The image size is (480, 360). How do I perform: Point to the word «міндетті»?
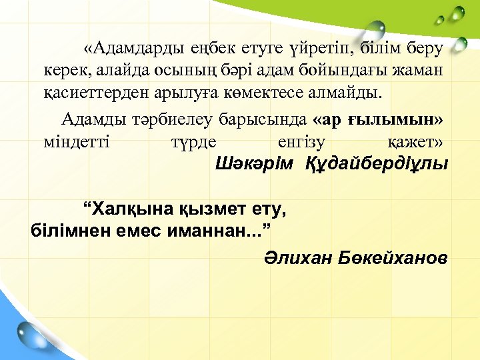point(76,141)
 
